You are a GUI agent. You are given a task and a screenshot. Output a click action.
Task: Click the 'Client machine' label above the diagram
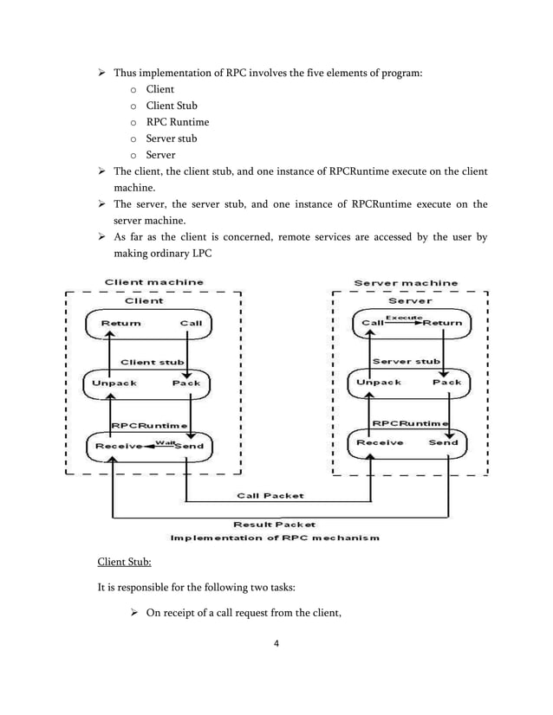click(x=154, y=281)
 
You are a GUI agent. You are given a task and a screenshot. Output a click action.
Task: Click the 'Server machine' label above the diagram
click(x=406, y=283)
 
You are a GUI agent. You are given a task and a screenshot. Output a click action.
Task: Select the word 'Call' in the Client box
click(x=190, y=323)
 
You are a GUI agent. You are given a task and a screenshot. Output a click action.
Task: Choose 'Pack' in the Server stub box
click(x=446, y=382)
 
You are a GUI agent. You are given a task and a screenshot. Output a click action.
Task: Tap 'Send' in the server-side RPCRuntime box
click(x=443, y=441)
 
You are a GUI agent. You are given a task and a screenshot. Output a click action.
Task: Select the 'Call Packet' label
click(x=270, y=496)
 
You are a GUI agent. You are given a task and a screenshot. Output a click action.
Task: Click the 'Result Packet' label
click(x=274, y=525)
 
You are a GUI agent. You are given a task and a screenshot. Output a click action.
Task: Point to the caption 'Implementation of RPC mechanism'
click(x=274, y=538)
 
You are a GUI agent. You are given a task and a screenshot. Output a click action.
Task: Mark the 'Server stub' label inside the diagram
click(x=406, y=361)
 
